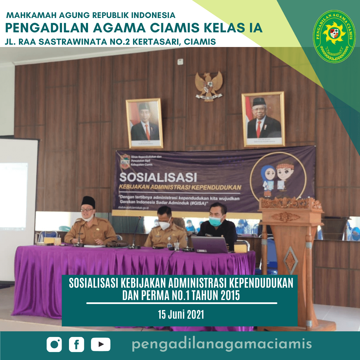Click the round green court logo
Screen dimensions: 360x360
(334, 36)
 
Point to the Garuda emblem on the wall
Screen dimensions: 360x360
(209, 85)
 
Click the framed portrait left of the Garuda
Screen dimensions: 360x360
(144, 123)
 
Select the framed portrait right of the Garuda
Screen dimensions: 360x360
(263, 119)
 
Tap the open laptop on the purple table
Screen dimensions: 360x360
(209, 245)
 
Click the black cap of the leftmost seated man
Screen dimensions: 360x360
(88, 202)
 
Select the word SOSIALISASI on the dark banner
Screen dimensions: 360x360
(158, 176)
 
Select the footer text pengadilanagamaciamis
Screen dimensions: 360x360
(222, 344)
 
